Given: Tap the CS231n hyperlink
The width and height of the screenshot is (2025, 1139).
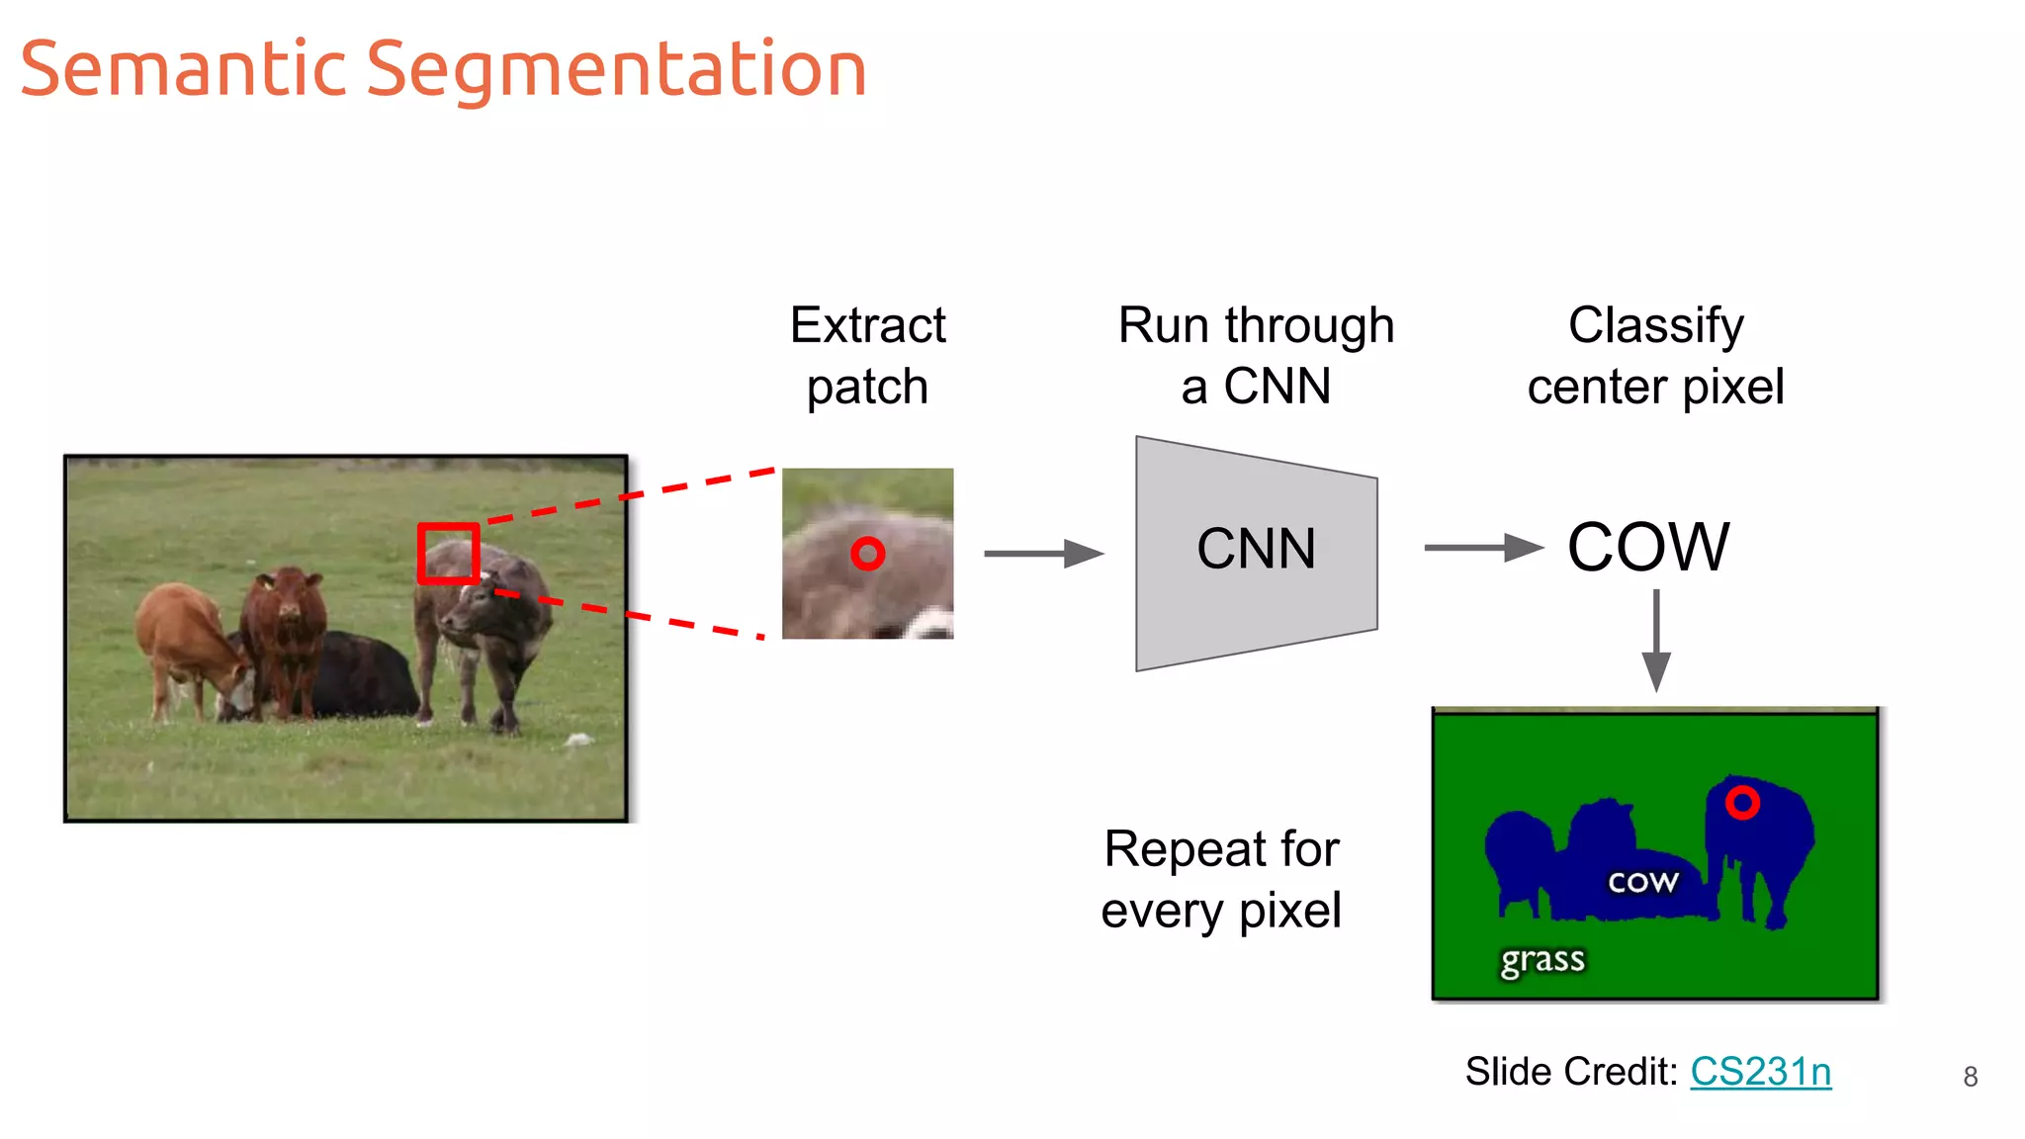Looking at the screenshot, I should (1760, 1072).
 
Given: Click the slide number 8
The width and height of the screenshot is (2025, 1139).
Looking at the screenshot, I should (1970, 1077).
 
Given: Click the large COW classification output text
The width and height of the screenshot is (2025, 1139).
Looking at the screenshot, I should (1648, 547).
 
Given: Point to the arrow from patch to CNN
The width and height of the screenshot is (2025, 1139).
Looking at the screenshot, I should (1043, 554).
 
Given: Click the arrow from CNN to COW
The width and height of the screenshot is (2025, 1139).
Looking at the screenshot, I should (1483, 548).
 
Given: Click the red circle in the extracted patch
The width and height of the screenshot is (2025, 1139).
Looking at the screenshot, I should (867, 554).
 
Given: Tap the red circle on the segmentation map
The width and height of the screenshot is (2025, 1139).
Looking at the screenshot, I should (1742, 802).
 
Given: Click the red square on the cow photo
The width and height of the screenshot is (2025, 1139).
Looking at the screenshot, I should (448, 554).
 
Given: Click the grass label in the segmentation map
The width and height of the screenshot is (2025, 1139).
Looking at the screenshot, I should (1541, 960).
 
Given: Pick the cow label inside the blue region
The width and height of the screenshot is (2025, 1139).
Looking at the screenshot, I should (1642, 881).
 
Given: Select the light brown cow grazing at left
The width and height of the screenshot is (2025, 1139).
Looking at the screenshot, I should (188, 643).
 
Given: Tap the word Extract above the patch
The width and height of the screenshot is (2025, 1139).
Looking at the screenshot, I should (867, 325).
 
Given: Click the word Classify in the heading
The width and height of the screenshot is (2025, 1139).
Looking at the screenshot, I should (1655, 325).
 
